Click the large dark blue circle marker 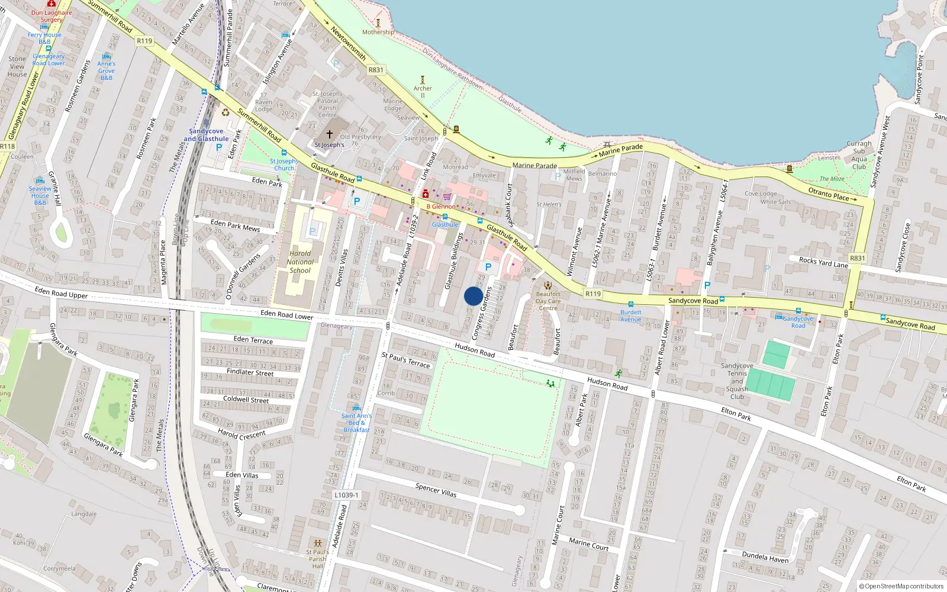tap(474, 296)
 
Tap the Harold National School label tap(300, 262)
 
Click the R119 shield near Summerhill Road tap(144, 41)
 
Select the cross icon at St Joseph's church tap(330, 134)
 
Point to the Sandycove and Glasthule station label tap(206, 135)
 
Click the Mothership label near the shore tap(378, 32)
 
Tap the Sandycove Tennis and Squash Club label tap(737, 381)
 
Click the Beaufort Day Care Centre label tap(548, 301)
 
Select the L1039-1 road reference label tap(346, 495)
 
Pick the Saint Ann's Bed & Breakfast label tap(356, 423)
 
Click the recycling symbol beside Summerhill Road tap(225, 112)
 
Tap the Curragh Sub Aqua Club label tap(859, 155)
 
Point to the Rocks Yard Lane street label tap(823, 262)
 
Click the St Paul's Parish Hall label tap(318, 559)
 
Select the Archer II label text tap(423, 92)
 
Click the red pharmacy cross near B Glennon tap(425, 194)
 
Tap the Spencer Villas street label tap(436, 490)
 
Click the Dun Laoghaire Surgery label tap(51, 16)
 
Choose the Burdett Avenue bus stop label tap(631, 316)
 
